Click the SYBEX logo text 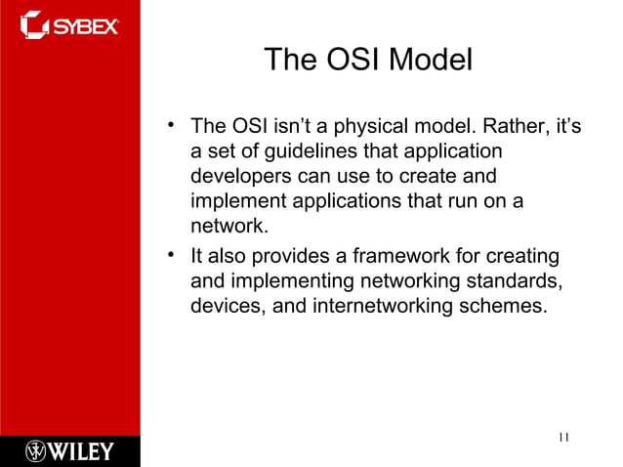coord(85,23)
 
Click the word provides coord(288,256)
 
